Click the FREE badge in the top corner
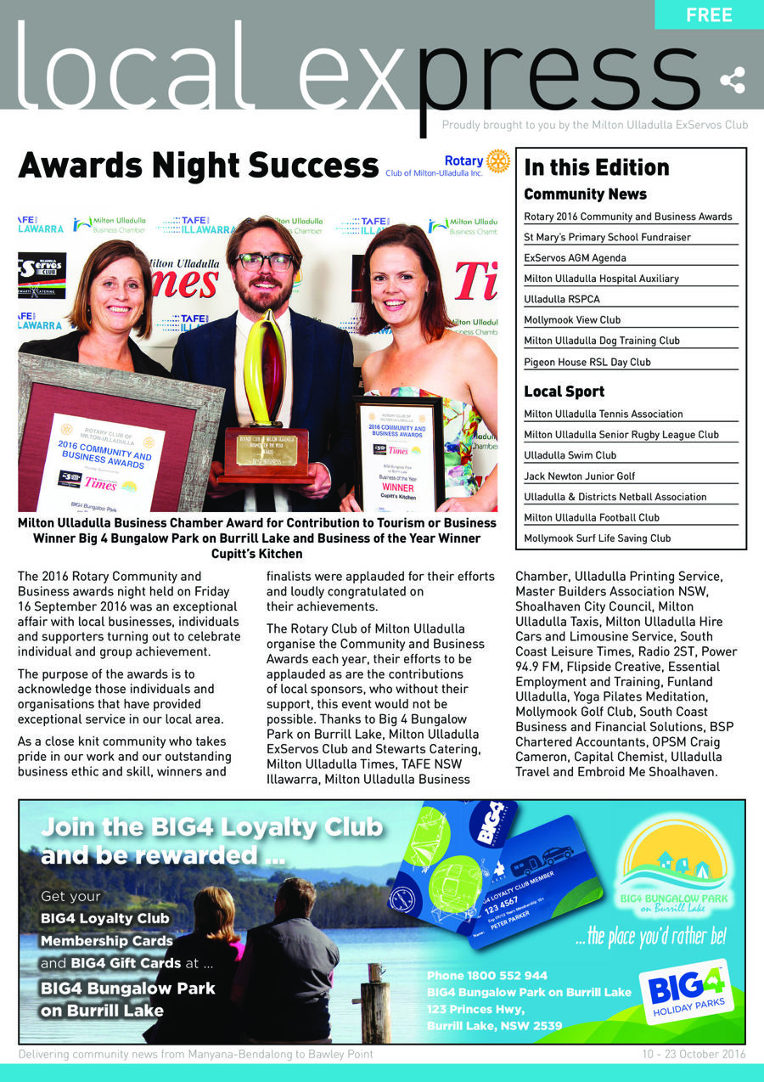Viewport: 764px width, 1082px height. [x=709, y=14]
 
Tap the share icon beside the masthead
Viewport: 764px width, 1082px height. [x=732, y=82]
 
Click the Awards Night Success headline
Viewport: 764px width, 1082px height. [x=198, y=166]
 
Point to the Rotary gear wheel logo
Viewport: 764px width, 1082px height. [x=497, y=161]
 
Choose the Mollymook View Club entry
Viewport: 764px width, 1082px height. [x=572, y=320]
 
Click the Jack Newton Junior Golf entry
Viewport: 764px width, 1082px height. [x=579, y=476]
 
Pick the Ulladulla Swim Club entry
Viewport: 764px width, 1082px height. [x=570, y=455]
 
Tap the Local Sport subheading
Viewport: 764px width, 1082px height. [x=565, y=392]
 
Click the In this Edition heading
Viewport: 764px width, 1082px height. [x=597, y=167]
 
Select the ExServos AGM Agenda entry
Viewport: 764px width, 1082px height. [x=575, y=258]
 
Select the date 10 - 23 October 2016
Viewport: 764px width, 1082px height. [x=694, y=1054]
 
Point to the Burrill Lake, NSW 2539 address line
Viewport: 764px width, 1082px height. [x=494, y=1026]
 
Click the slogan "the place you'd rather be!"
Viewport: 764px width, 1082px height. [x=650, y=937]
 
